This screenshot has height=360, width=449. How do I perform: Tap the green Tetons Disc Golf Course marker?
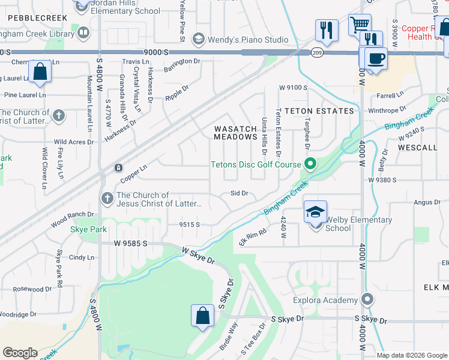310,164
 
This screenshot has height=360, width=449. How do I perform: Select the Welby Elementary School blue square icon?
315,212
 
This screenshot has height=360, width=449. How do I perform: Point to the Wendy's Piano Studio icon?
197,40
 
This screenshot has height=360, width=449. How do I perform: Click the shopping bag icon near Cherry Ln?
39,71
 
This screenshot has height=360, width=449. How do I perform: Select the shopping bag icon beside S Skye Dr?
203,316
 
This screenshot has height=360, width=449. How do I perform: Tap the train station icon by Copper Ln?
119,167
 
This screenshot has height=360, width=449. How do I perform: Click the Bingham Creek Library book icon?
83,32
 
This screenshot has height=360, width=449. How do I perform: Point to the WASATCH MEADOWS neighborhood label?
235,133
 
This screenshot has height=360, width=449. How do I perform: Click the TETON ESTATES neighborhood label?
319,111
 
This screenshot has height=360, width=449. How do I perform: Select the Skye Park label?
88,229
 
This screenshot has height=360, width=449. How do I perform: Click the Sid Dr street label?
239,193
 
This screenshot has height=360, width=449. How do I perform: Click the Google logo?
20,353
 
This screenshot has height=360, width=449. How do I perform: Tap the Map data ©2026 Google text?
411,355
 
